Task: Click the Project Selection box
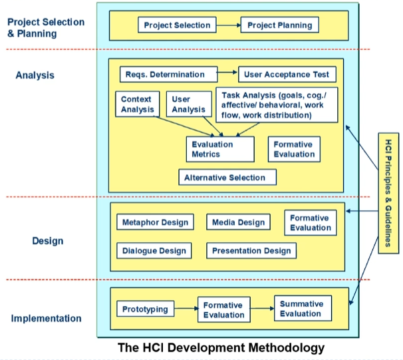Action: tap(177, 26)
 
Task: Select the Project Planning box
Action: tap(279, 26)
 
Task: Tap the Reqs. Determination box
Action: tap(171, 75)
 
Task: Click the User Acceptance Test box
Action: tap(287, 75)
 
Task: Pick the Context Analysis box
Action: tap(137, 104)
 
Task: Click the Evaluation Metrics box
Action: tap(219, 149)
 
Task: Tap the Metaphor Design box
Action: tap(155, 222)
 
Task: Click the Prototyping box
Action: tap(146, 309)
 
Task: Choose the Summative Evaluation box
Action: tap(301, 309)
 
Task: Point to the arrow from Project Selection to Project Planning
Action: tap(227, 26)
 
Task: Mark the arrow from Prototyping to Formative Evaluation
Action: tap(186, 309)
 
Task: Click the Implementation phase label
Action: tap(46, 318)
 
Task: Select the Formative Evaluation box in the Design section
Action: tap(310, 222)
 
